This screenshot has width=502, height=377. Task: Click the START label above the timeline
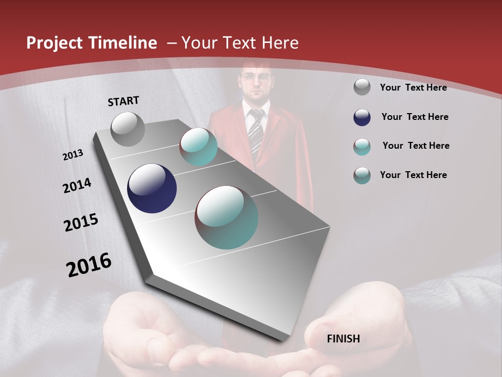pos(123,101)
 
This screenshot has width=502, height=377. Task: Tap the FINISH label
pos(343,339)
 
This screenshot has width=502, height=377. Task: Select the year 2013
pos(73,155)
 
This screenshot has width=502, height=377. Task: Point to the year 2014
pos(77,185)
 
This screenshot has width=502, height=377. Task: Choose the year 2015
pos(81,223)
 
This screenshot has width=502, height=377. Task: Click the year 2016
pos(89,264)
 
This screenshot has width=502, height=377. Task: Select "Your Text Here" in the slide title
pos(240,43)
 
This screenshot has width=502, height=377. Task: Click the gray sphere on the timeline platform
pos(128,129)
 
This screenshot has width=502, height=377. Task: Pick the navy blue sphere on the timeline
pos(152,188)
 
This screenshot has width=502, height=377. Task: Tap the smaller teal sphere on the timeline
pos(198,147)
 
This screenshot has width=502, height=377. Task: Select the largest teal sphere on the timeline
pos(226,217)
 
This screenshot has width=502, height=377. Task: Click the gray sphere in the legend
pos(362,87)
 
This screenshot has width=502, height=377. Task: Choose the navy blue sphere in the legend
pos(362,117)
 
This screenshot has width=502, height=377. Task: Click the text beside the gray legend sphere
pos(413,87)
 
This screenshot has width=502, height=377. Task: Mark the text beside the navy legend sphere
pos(415,117)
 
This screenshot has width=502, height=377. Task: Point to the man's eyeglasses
pos(256,77)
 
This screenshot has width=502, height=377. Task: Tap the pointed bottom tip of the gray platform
pos(285,339)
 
